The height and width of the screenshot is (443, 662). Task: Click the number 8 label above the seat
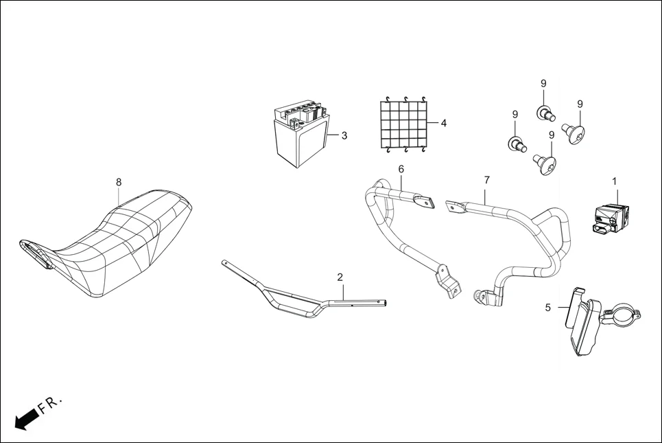tap(119, 182)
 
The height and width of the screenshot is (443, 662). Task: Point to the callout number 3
tap(344, 135)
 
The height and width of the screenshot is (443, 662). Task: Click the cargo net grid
tap(403, 124)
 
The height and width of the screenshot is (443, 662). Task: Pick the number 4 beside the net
tap(444, 123)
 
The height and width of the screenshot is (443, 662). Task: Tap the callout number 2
tap(340, 277)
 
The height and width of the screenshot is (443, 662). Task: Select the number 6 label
tap(401, 169)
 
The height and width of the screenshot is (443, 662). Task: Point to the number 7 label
tap(486, 180)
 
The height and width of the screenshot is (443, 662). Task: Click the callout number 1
tap(614, 181)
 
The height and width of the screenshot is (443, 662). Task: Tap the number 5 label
tap(547, 308)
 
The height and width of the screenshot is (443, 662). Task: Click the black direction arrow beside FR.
tap(25, 418)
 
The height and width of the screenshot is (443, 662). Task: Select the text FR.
tap(49, 403)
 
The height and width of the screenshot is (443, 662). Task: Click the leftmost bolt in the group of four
tap(515, 144)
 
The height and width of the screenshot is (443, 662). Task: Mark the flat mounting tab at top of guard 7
tap(455, 206)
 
